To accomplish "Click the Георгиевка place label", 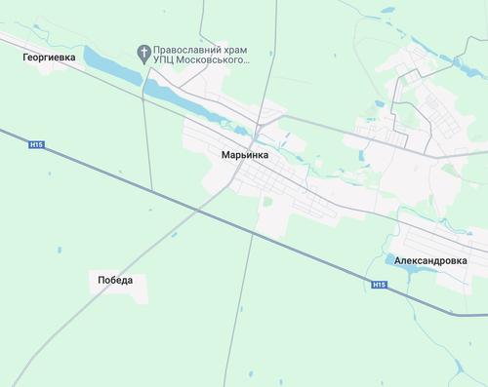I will (48, 58).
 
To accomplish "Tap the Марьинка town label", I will (238, 154).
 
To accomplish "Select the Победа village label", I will (115, 280).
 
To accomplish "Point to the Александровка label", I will (432, 261).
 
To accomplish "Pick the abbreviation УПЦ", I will (168, 59).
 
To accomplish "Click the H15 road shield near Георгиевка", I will (37, 144).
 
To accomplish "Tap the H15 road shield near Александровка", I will (380, 285).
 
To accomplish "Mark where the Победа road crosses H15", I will (198, 210).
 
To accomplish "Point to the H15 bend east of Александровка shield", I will (452, 313).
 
